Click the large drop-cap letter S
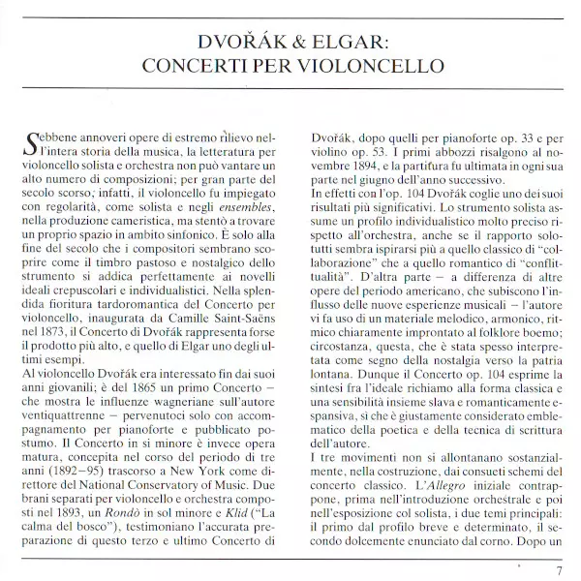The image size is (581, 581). coord(30,145)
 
